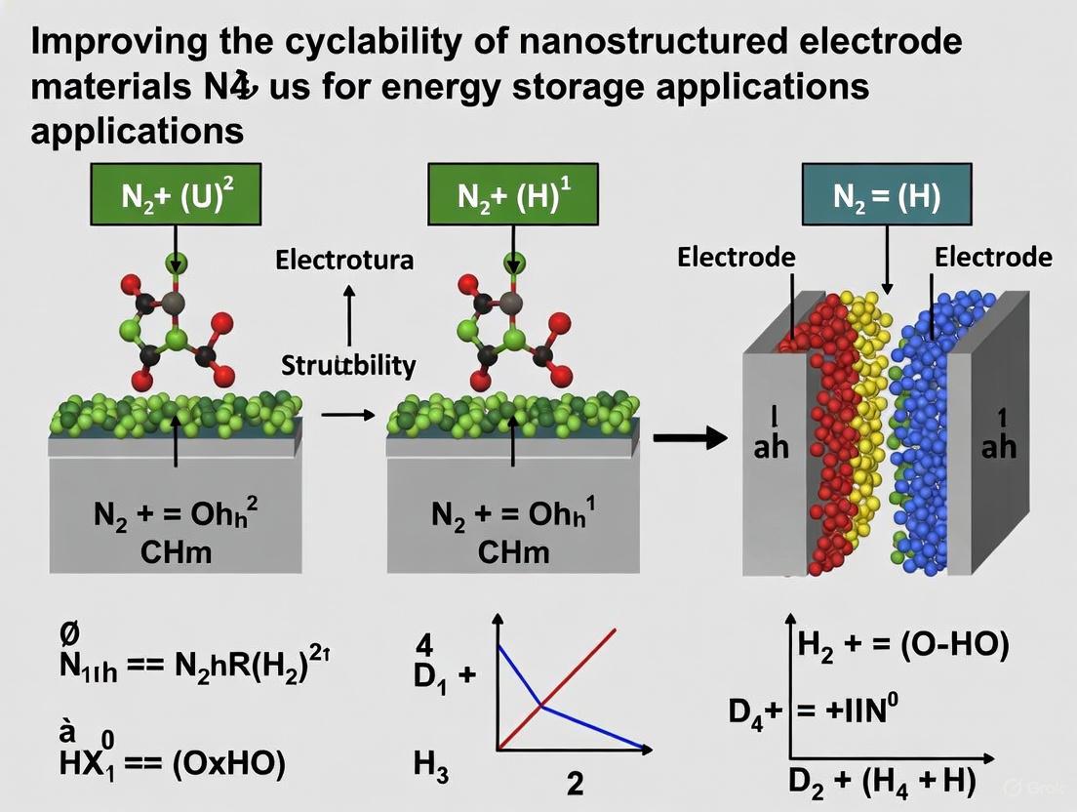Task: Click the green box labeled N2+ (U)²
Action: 176,198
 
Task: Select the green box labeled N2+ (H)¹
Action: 512,198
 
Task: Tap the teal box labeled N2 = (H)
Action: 886,196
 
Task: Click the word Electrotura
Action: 343,261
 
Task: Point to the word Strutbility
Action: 348,366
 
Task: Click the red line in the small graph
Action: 585,664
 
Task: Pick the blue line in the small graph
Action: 585,723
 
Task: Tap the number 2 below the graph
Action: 576,784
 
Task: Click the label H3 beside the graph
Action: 430,764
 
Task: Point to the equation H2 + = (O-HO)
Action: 902,644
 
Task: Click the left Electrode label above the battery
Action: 737,258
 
